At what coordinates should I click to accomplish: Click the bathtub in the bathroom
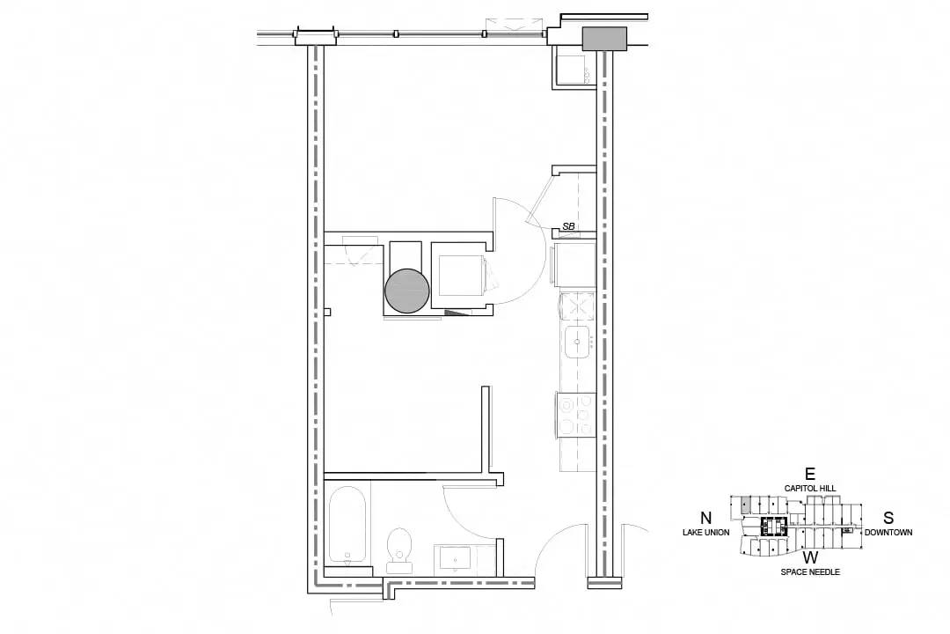pos(347,525)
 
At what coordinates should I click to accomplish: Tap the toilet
pos(398,550)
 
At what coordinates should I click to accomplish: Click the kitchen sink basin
pos(577,343)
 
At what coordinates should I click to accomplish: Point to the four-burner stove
pos(576,415)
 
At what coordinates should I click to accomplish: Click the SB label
pos(568,226)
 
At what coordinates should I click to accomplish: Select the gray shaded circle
pos(407,291)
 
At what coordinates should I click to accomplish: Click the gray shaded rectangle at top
pos(604,39)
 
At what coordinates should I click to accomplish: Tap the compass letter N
pos(705,518)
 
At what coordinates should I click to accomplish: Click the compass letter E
pos(810,474)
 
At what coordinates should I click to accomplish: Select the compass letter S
pos(888,518)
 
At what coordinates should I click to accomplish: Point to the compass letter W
pos(811,557)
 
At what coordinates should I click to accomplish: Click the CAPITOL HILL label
pos(810,489)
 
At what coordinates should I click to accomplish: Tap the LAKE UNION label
pos(705,533)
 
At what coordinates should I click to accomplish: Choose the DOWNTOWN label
pos(888,533)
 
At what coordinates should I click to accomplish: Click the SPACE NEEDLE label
pos(810,572)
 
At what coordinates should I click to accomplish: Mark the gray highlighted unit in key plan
pos(747,503)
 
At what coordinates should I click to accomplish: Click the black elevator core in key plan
pos(773,527)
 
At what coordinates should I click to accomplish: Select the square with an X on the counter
pos(577,306)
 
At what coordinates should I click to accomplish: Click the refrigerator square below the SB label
pos(574,264)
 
